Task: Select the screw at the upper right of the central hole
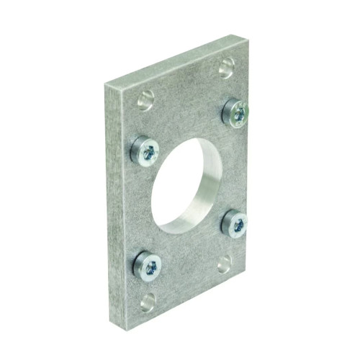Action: click(235, 112)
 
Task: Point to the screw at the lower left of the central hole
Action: click(148, 266)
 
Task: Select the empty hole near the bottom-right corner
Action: click(225, 264)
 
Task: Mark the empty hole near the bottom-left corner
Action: click(148, 302)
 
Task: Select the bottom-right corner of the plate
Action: click(248, 283)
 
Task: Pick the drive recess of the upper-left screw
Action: click(150, 151)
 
